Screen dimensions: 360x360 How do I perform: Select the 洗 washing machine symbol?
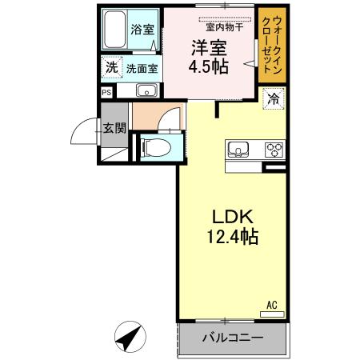[111, 68]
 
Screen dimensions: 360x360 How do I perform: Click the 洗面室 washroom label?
[142, 69]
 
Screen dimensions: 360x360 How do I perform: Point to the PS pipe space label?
[106, 92]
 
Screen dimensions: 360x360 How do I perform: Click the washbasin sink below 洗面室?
[146, 90]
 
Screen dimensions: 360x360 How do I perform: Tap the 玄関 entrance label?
[114, 127]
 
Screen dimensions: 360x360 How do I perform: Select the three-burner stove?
[274, 149]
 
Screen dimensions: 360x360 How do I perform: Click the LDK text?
[232, 216]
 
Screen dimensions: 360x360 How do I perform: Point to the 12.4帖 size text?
[232, 237]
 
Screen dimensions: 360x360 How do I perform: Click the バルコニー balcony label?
[232, 338]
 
